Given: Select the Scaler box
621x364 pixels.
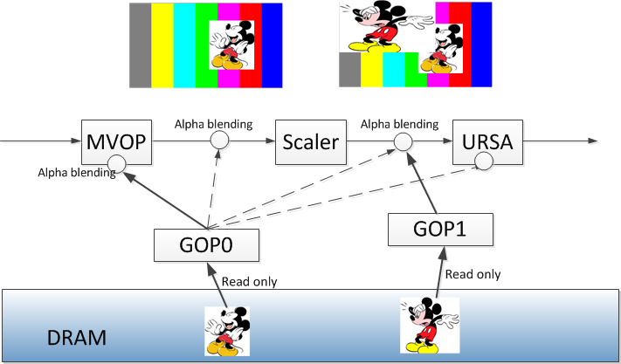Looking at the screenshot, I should pos(310,141).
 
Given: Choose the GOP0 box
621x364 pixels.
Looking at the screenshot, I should pos(206,244).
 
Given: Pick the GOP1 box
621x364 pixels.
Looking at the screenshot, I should pos(441,230).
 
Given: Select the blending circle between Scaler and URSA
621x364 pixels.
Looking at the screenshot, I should pos(403,141).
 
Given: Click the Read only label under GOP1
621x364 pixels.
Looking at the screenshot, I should pos(473,274).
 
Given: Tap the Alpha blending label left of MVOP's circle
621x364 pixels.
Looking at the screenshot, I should pos(77,173).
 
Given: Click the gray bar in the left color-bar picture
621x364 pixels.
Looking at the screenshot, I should pos(140,45).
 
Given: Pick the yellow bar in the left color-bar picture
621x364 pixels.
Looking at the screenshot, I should pos(162,45).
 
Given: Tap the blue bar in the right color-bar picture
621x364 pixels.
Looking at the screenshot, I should pos(482,44).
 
